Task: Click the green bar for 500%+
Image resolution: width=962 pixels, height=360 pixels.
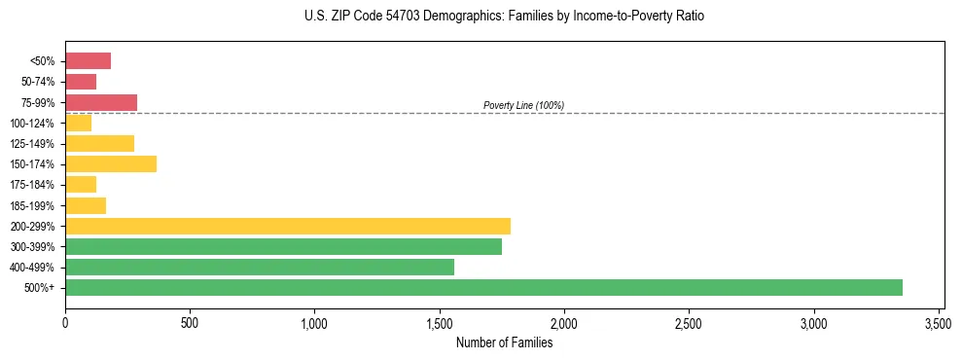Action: pyautogui.click(x=483, y=287)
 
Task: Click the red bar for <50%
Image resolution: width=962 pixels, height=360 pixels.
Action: pyautogui.click(x=88, y=61)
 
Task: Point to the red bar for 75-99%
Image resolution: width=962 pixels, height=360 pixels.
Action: pyautogui.click(x=101, y=102)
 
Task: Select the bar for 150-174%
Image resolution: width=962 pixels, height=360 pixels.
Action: pyautogui.click(x=111, y=163)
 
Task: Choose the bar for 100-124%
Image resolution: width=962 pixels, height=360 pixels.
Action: pyautogui.click(x=78, y=123)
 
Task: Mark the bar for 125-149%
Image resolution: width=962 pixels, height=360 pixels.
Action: pyautogui.click(x=99, y=143)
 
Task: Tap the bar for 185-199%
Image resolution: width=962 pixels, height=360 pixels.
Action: pyautogui.click(x=86, y=205)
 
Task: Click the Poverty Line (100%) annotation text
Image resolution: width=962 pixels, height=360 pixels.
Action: pyautogui.click(x=523, y=105)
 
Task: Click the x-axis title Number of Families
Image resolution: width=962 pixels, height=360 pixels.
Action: pyautogui.click(x=504, y=342)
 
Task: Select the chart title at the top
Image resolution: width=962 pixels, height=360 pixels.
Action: pyautogui.click(x=504, y=17)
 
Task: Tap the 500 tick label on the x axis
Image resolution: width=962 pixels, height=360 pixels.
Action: pyautogui.click(x=190, y=322)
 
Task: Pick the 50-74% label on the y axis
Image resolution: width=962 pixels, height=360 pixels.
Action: pyautogui.click(x=38, y=82)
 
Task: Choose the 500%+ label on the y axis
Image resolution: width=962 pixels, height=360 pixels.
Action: pyautogui.click(x=41, y=288)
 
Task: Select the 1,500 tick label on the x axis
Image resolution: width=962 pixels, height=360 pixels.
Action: pyautogui.click(x=440, y=322)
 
